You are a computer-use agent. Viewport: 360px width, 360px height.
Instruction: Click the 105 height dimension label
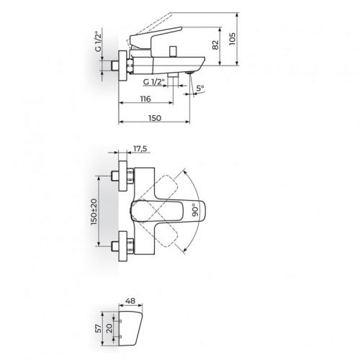pyautogui.click(x=232, y=39)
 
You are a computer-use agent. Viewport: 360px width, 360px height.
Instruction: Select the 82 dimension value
pyautogui.click(x=215, y=45)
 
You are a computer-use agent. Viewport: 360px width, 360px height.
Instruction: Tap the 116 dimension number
pyautogui.click(x=145, y=99)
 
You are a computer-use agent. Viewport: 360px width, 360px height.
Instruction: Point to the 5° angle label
pyautogui.click(x=200, y=88)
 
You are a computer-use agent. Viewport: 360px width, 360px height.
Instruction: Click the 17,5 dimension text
pyautogui.click(x=140, y=149)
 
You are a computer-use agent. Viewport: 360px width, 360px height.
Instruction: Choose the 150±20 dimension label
pyautogui.click(x=94, y=212)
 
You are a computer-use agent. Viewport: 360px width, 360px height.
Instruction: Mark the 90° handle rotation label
pyautogui.click(x=195, y=210)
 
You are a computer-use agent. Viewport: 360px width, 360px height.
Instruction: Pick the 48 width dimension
pyautogui.click(x=130, y=301)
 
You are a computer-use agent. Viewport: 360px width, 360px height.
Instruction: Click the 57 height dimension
pyautogui.click(x=98, y=328)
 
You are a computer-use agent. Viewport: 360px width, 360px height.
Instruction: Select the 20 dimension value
pyautogui.click(x=109, y=328)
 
